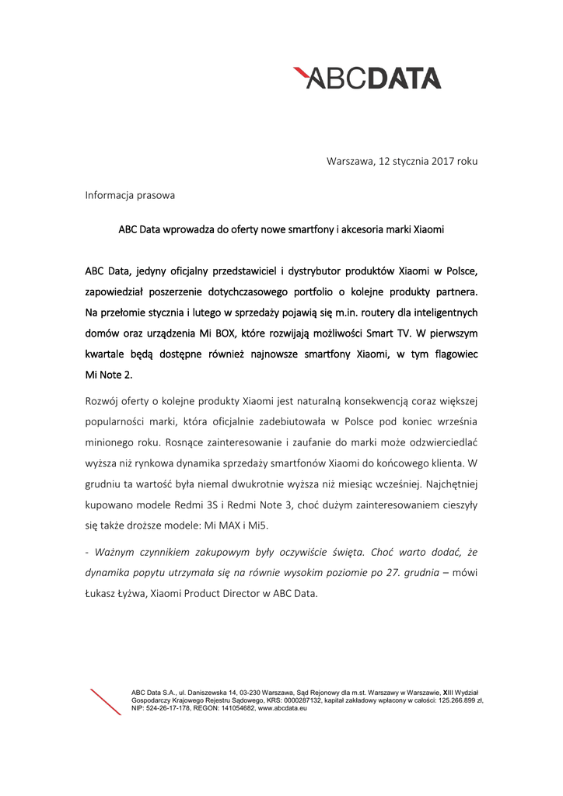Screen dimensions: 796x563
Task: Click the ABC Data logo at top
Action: coord(367,78)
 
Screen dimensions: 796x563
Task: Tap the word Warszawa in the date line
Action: coord(350,162)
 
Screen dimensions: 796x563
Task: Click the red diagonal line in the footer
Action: coord(106,702)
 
